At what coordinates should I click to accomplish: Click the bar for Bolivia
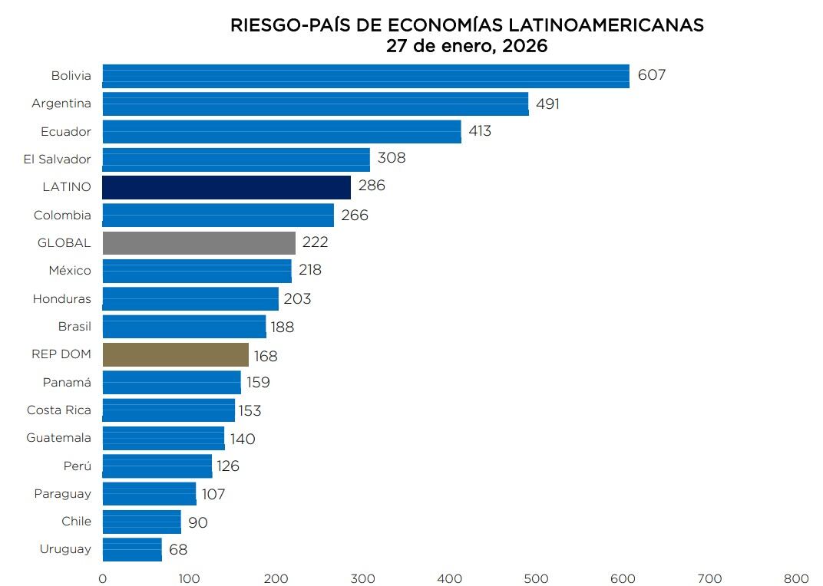click(365, 76)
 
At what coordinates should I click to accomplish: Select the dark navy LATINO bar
click(226, 187)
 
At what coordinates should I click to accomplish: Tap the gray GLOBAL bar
click(199, 243)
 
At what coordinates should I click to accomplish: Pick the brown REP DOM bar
click(176, 354)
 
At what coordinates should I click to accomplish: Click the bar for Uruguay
click(132, 549)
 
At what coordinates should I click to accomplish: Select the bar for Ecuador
click(282, 131)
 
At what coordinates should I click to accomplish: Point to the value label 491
click(547, 104)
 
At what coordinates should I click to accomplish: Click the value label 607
click(651, 75)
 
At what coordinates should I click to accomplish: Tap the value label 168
click(266, 356)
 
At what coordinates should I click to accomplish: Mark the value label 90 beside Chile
click(197, 523)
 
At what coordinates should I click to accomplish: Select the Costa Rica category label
click(59, 410)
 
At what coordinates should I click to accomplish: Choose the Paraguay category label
click(62, 493)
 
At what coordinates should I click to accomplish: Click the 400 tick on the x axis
click(449, 578)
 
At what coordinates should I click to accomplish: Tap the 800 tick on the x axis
click(796, 578)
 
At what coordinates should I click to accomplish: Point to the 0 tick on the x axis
click(103, 578)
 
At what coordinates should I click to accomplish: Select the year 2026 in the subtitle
click(525, 46)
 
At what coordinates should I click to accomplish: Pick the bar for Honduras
click(190, 298)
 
